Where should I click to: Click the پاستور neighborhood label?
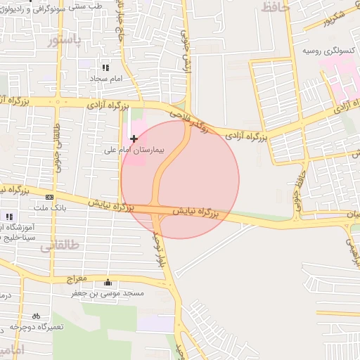pos(64,41)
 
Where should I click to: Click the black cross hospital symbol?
pos(134,139)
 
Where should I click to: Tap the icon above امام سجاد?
pos(105,68)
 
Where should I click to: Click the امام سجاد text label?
pos(106,79)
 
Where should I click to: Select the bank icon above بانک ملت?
pos(49,198)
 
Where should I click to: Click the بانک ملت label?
pos(50,209)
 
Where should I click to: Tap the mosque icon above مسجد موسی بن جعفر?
pos(107,283)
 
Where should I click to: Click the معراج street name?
pos(77,279)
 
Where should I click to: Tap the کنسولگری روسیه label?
pos(326,51)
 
